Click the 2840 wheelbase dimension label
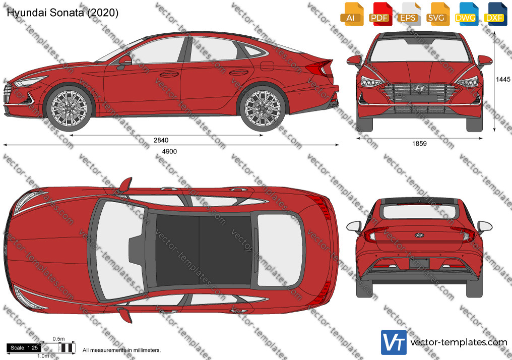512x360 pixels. (161, 140)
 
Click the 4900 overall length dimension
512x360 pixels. (169, 151)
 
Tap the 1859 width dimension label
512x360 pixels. (419, 143)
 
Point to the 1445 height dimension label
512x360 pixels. (503, 79)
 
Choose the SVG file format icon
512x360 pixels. (436, 15)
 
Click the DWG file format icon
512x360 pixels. (465, 15)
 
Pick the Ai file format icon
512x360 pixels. (351, 15)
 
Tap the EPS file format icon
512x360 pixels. (408, 15)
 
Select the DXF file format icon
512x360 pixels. (494, 15)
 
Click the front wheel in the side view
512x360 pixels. (69, 108)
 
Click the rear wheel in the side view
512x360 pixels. (262, 108)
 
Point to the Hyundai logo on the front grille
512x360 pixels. (419, 88)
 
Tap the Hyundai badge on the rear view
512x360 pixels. (419, 235)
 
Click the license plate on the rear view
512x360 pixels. (419, 263)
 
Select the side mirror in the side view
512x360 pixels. (124, 62)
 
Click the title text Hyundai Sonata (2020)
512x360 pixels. (62, 13)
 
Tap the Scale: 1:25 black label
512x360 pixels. (24, 348)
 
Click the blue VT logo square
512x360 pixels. (394, 342)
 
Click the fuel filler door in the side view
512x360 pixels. (267, 66)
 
